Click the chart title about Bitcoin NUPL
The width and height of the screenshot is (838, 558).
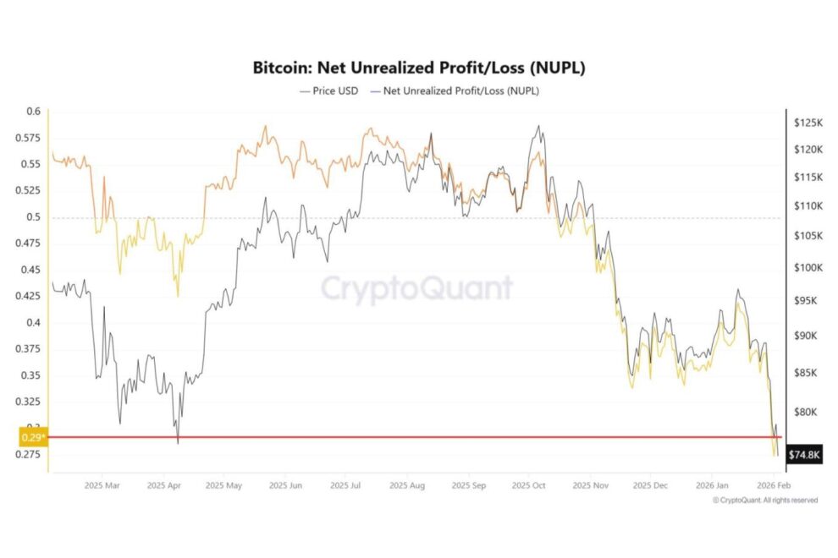[418, 67]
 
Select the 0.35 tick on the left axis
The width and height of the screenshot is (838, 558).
[30, 375]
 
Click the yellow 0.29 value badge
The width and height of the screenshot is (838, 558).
[32, 437]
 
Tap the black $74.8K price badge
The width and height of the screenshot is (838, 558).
[803, 455]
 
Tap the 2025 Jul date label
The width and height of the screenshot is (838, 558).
[345, 486]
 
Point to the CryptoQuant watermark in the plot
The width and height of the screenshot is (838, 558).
[416, 288]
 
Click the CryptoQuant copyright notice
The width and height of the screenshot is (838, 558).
[765, 501]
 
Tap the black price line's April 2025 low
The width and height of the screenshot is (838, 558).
[178, 443]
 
